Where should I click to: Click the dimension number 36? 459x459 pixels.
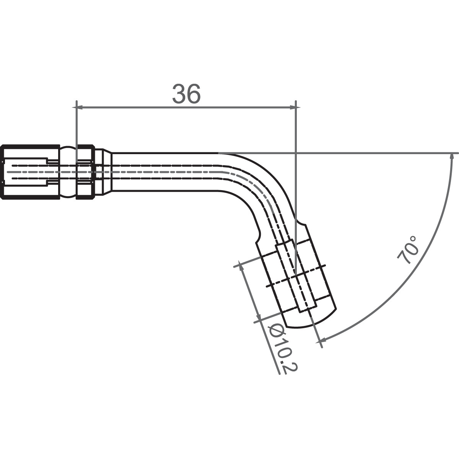(186, 94)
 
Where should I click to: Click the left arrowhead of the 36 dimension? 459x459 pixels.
(80, 107)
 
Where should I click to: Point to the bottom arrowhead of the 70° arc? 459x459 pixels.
(322, 339)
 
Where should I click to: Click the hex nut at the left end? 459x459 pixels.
(30, 171)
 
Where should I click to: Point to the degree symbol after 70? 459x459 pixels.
(412, 240)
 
